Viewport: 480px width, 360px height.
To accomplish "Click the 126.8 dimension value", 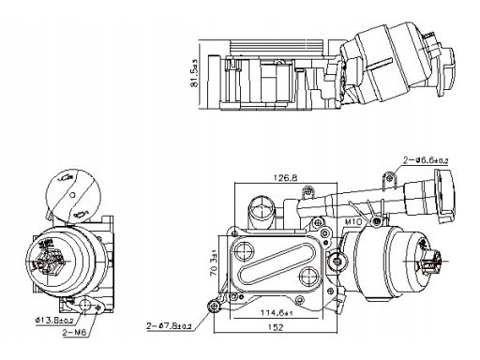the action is point(286,178).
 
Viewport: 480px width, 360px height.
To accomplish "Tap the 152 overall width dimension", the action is point(276,327).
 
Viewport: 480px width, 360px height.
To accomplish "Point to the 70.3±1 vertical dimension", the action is point(215,266).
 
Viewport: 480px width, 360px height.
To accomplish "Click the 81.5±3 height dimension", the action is point(194,73).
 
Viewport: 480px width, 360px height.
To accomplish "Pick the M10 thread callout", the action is point(353,221).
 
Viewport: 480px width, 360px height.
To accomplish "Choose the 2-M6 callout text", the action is point(74,333).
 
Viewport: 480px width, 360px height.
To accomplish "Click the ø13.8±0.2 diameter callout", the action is point(54,320).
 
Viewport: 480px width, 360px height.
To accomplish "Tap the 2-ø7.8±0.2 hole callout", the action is point(169,326).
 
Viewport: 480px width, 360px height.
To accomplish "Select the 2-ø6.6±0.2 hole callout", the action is point(426,160).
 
